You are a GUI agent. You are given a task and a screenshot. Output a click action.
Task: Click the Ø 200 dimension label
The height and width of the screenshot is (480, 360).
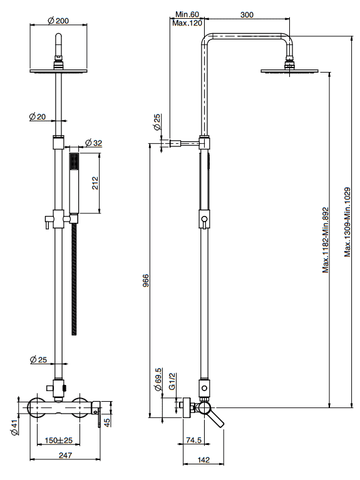pyautogui.click(x=58, y=21)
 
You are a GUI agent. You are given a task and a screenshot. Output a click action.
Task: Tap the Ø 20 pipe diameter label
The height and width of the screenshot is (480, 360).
pyautogui.click(x=38, y=116)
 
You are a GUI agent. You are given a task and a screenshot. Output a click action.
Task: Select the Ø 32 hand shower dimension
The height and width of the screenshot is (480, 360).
pyautogui.click(x=93, y=143)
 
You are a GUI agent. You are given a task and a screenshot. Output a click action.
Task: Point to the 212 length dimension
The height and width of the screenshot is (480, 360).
pyautogui.click(x=95, y=183)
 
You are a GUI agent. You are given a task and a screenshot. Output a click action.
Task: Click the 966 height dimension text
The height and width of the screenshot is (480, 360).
pyautogui.click(x=146, y=280)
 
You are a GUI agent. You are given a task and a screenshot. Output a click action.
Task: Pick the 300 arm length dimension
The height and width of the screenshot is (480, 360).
pyautogui.click(x=247, y=14)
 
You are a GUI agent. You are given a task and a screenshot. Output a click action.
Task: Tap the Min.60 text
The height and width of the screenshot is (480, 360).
pyautogui.click(x=187, y=14)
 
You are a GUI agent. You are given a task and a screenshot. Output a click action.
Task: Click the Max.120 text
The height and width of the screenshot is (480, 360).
pyautogui.click(x=187, y=23)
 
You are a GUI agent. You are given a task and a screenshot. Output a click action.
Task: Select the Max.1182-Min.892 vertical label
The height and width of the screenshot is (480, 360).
pyautogui.click(x=326, y=240)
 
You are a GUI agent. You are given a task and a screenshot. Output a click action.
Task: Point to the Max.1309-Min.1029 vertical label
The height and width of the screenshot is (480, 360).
pyautogui.click(x=347, y=222)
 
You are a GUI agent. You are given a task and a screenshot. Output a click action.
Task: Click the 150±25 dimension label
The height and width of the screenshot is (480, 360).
pyautogui.click(x=58, y=441)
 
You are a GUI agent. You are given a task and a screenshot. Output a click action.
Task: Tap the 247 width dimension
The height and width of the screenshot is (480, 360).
pyautogui.click(x=65, y=455)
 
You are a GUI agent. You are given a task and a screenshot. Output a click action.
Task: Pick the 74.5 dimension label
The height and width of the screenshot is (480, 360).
pyautogui.click(x=193, y=440)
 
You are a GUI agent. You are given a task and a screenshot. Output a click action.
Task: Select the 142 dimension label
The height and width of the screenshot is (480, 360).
pyautogui.click(x=203, y=460)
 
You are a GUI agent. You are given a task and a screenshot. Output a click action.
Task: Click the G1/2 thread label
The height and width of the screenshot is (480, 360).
pyautogui.click(x=172, y=381)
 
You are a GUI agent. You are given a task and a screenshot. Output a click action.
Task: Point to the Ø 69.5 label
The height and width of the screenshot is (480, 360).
pyautogui.click(x=158, y=379)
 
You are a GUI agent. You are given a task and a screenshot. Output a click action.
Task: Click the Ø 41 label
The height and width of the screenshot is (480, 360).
pyautogui.click(x=14, y=427)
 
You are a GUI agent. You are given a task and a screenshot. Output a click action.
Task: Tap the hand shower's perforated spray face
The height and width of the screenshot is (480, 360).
pyautogui.click(x=74, y=161)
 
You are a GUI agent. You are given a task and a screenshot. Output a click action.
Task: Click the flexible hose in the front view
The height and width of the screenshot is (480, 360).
pyautogui.click(x=74, y=279)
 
